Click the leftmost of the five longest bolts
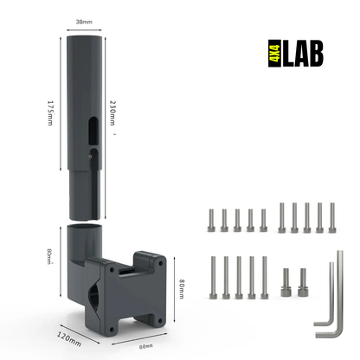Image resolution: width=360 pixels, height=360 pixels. [213, 276]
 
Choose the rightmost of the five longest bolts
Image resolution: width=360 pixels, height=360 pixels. [265, 276]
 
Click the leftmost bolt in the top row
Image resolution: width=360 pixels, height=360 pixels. [210, 220]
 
